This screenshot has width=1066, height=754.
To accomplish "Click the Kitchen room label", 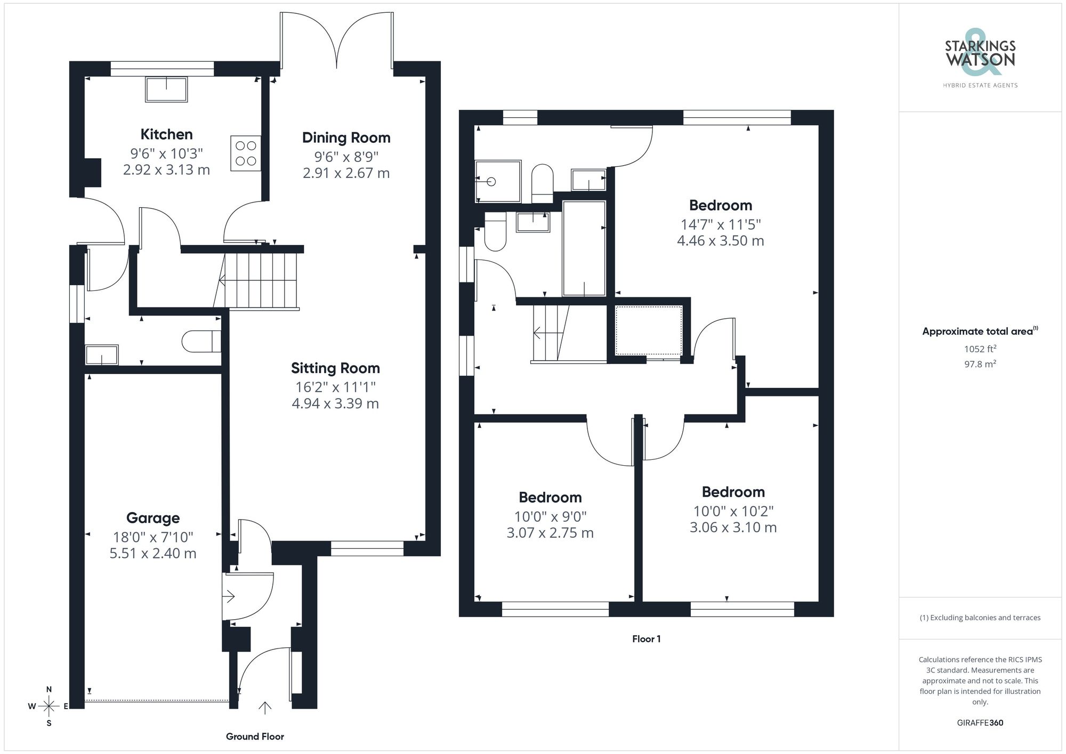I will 166,134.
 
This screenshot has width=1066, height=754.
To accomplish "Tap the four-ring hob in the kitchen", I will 246,153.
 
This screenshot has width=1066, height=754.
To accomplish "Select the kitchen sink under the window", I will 166,89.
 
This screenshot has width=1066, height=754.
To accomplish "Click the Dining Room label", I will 346,137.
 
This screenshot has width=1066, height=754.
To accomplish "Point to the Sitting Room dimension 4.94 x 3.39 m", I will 335,403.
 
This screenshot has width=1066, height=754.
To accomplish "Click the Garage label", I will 153,518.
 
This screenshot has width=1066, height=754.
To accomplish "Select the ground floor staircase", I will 260,280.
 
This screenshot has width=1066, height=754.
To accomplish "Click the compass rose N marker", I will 49,689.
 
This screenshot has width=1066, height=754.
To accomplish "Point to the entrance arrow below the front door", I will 265,708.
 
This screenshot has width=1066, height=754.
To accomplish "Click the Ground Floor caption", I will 255,736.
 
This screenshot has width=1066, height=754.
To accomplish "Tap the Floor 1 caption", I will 646,639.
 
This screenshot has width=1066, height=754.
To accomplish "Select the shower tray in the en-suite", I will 498,181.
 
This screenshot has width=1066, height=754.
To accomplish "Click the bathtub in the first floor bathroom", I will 584,248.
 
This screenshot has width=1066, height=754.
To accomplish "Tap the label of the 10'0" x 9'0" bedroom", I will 550,497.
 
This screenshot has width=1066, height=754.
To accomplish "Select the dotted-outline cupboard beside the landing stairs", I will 649,330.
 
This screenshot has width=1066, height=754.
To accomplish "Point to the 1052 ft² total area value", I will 980,349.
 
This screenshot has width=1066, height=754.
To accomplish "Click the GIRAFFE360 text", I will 980,723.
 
